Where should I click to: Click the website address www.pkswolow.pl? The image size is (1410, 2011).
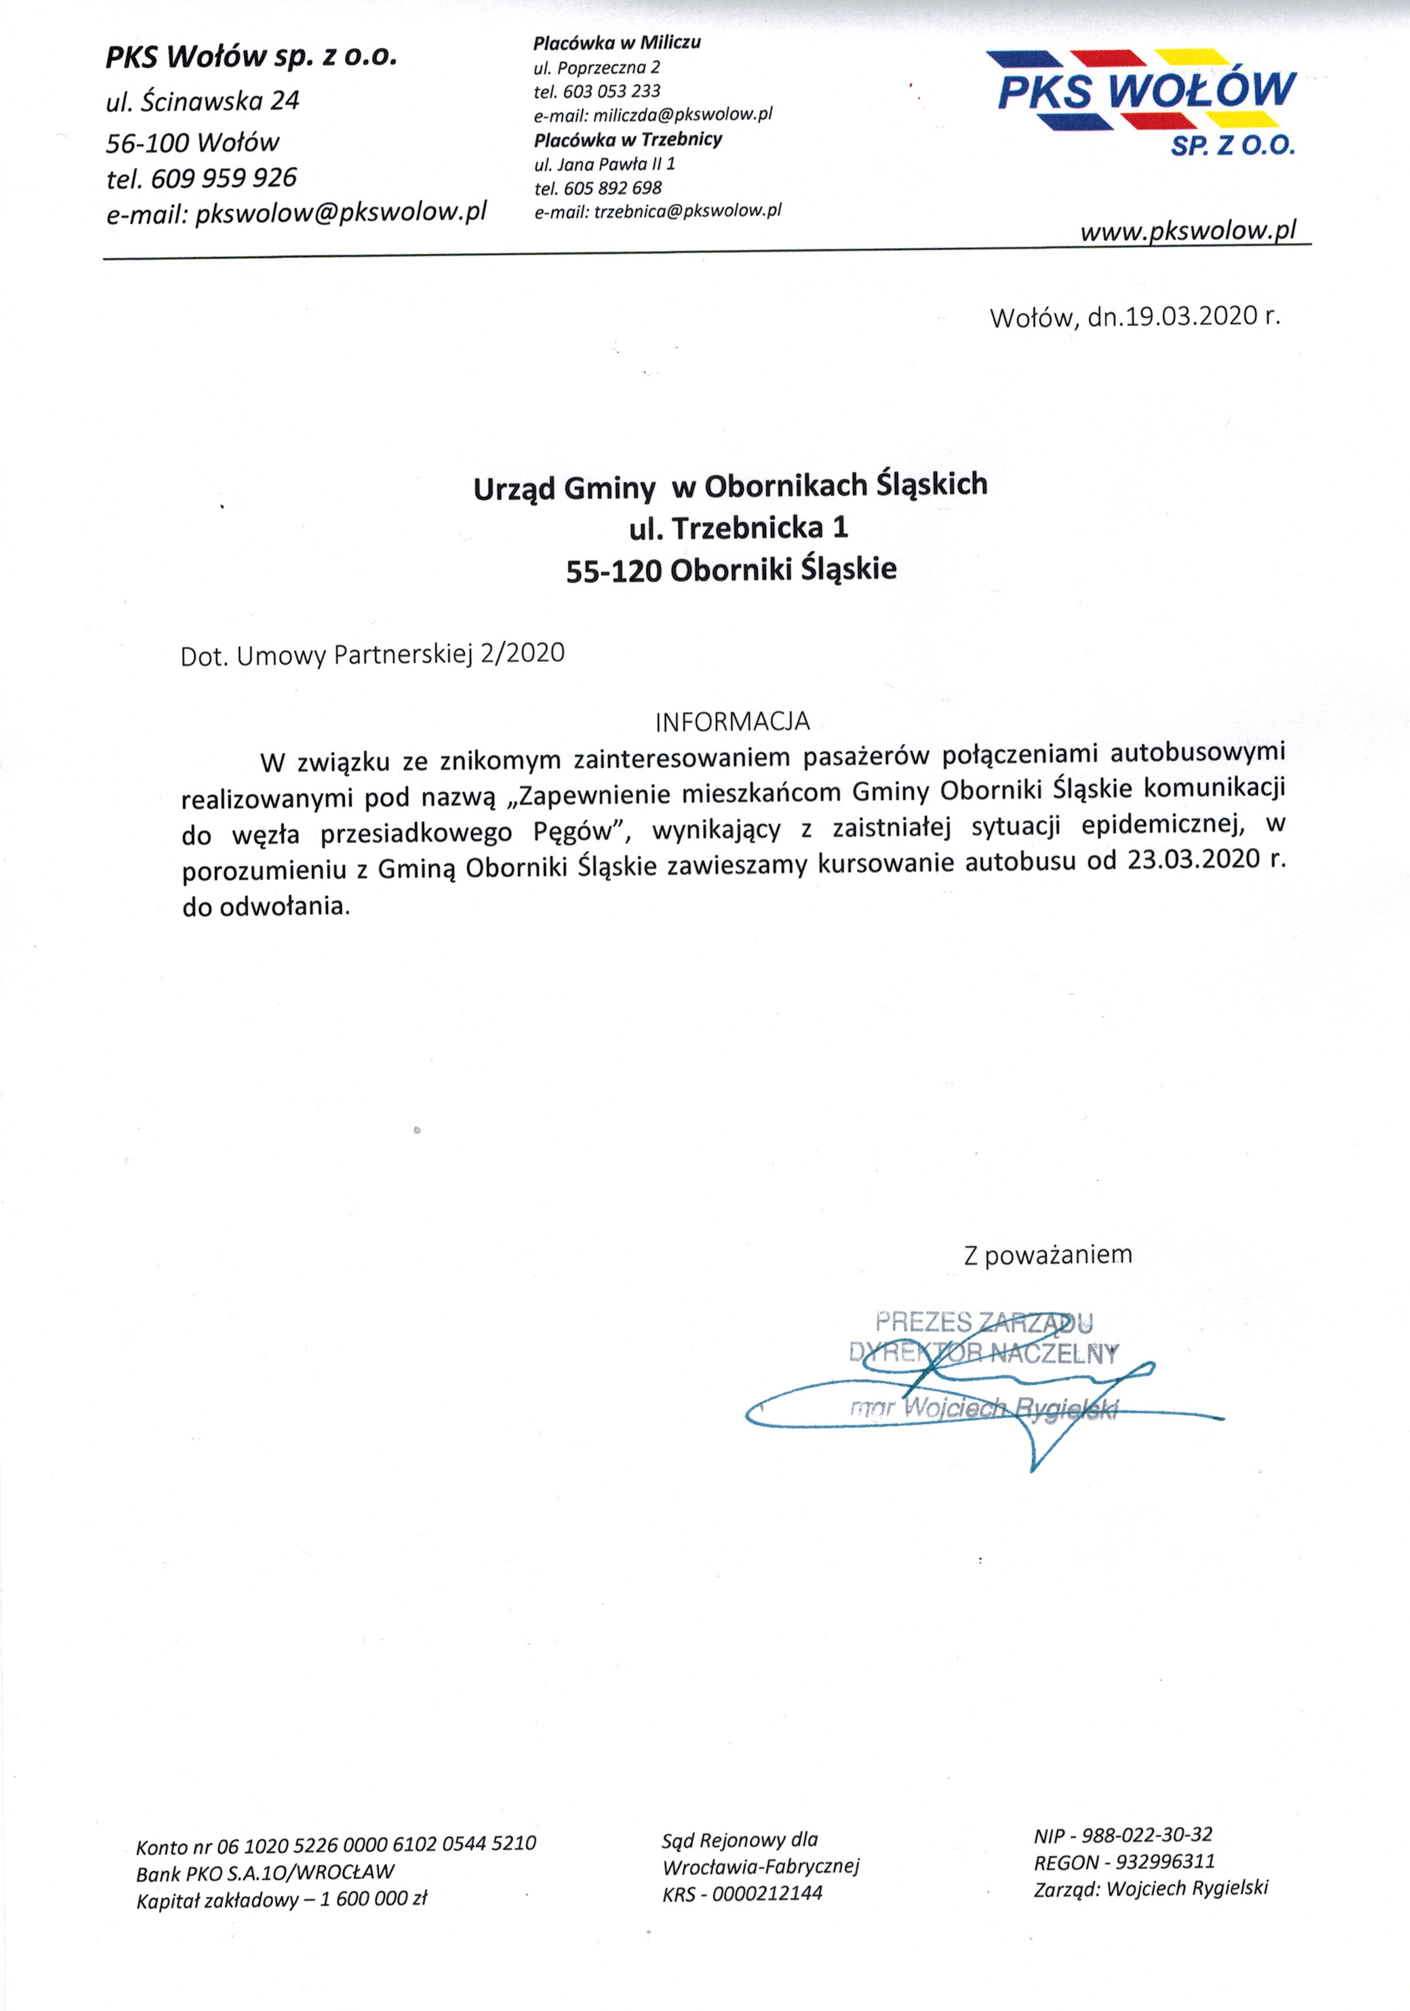(1188, 231)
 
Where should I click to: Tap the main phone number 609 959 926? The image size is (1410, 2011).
(224, 179)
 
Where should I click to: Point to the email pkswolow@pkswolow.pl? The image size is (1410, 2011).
(341, 213)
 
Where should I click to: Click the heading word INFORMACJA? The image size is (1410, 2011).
(732, 722)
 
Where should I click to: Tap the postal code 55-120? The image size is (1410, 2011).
(613, 571)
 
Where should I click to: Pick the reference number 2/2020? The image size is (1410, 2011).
(522, 653)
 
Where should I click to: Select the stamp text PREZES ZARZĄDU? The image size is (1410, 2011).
(983, 1322)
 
